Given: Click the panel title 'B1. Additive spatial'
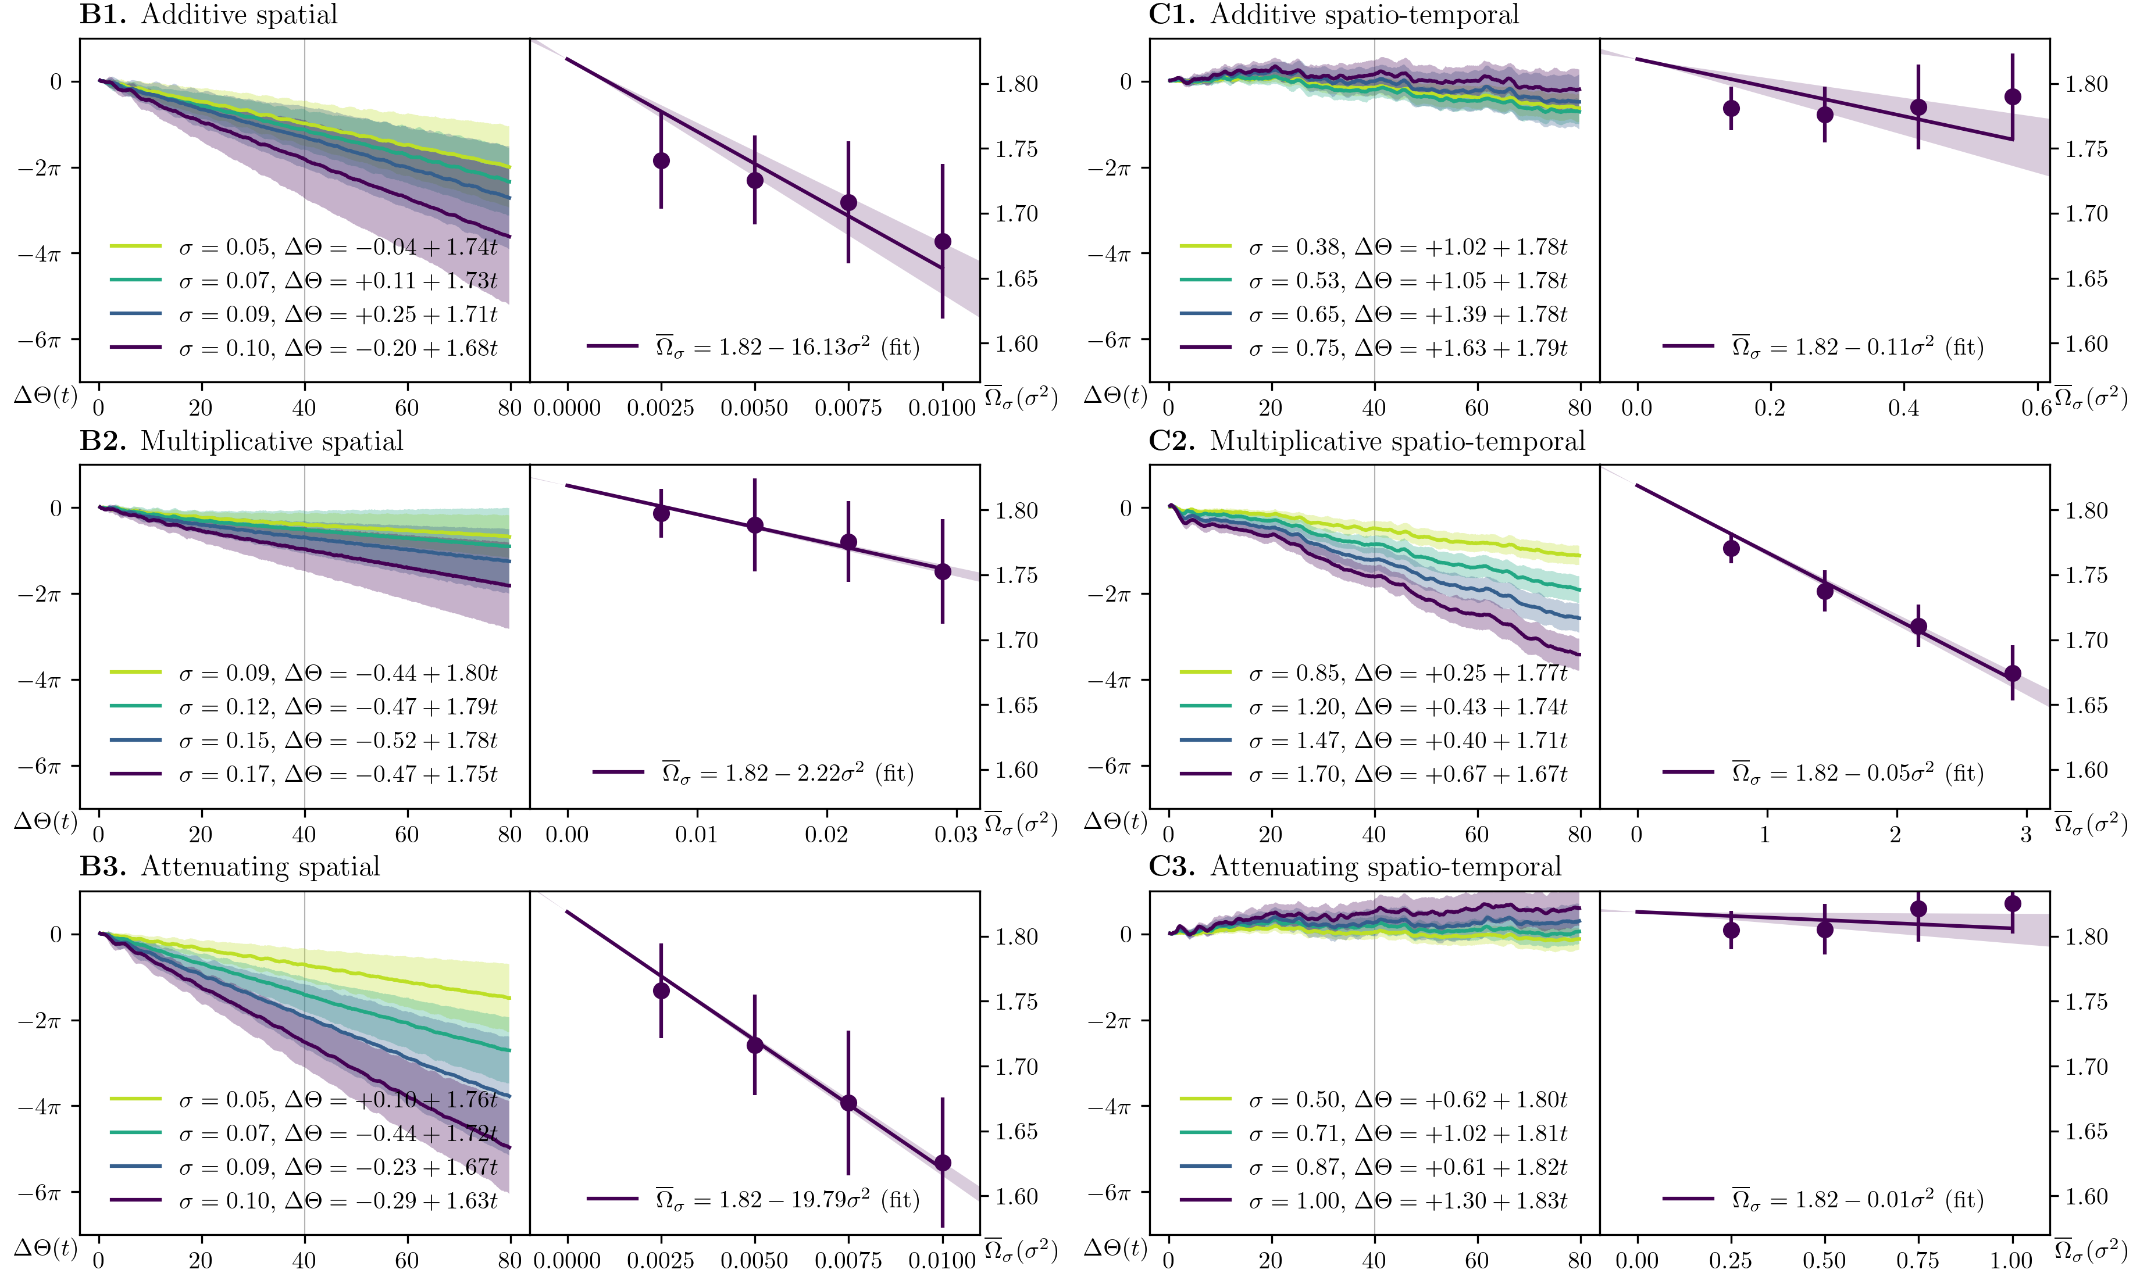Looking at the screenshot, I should (209, 15).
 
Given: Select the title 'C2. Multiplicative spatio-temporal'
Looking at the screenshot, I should (1366, 441).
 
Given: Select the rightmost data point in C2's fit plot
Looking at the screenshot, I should (2012, 673).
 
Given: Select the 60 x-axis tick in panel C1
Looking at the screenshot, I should (1476, 407).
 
